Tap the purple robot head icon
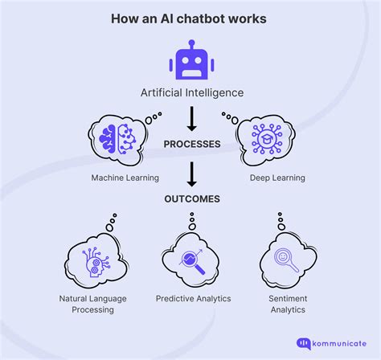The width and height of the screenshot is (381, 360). pyautogui.click(x=190, y=61)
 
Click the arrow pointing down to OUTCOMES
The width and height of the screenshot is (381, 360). pyautogui.click(x=190, y=173)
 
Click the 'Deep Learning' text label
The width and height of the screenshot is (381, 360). pyautogui.click(x=266, y=178)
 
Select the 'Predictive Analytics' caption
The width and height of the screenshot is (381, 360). pyautogui.click(x=193, y=298)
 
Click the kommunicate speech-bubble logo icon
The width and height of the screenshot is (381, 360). pyautogui.click(x=304, y=342)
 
